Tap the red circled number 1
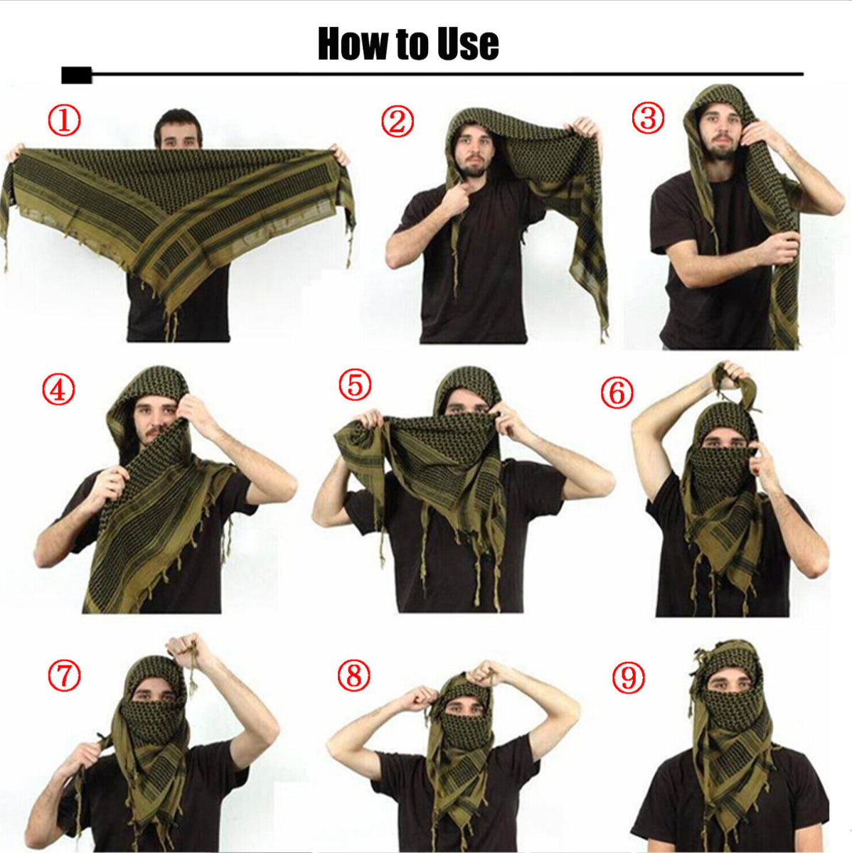pos(64,121)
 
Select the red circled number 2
pos(397,122)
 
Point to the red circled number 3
pos(648,117)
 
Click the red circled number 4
pos(58,390)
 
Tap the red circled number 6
pos(617,392)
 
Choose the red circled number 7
pos(64,675)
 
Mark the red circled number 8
pos(354,675)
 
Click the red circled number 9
pos(628,677)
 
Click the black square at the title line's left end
pos(76,75)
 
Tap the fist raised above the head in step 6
pos(730,372)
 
